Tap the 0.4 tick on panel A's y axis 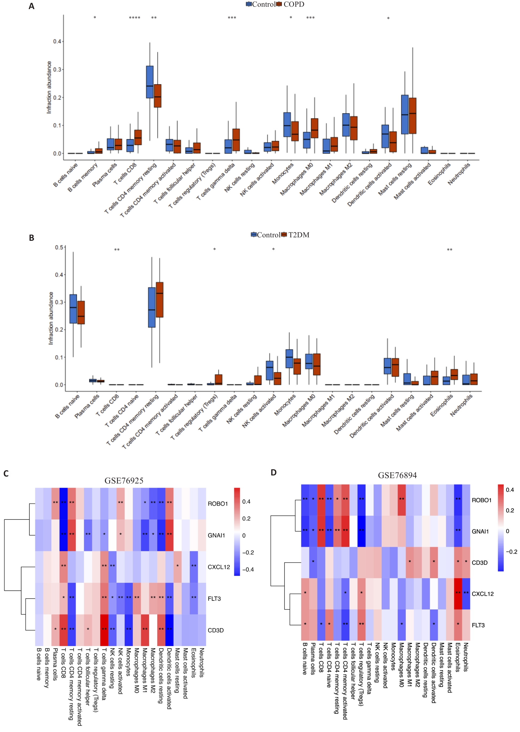tap(57, 41)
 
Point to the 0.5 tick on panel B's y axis tap(59, 247)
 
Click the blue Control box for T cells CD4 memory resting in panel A tap(150, 82)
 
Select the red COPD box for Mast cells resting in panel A tap(412, 116)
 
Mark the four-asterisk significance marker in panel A tap(135, 18)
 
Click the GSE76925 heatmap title tap(124, 481)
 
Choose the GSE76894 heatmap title tap(397, 475)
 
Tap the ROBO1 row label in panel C tap(218, 504)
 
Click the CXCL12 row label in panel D tap(483, 594)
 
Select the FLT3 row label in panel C tap(214, 599)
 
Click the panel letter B tap(31, 238)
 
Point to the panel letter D tap(273, 473)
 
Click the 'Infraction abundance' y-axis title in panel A tap(49, 87)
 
